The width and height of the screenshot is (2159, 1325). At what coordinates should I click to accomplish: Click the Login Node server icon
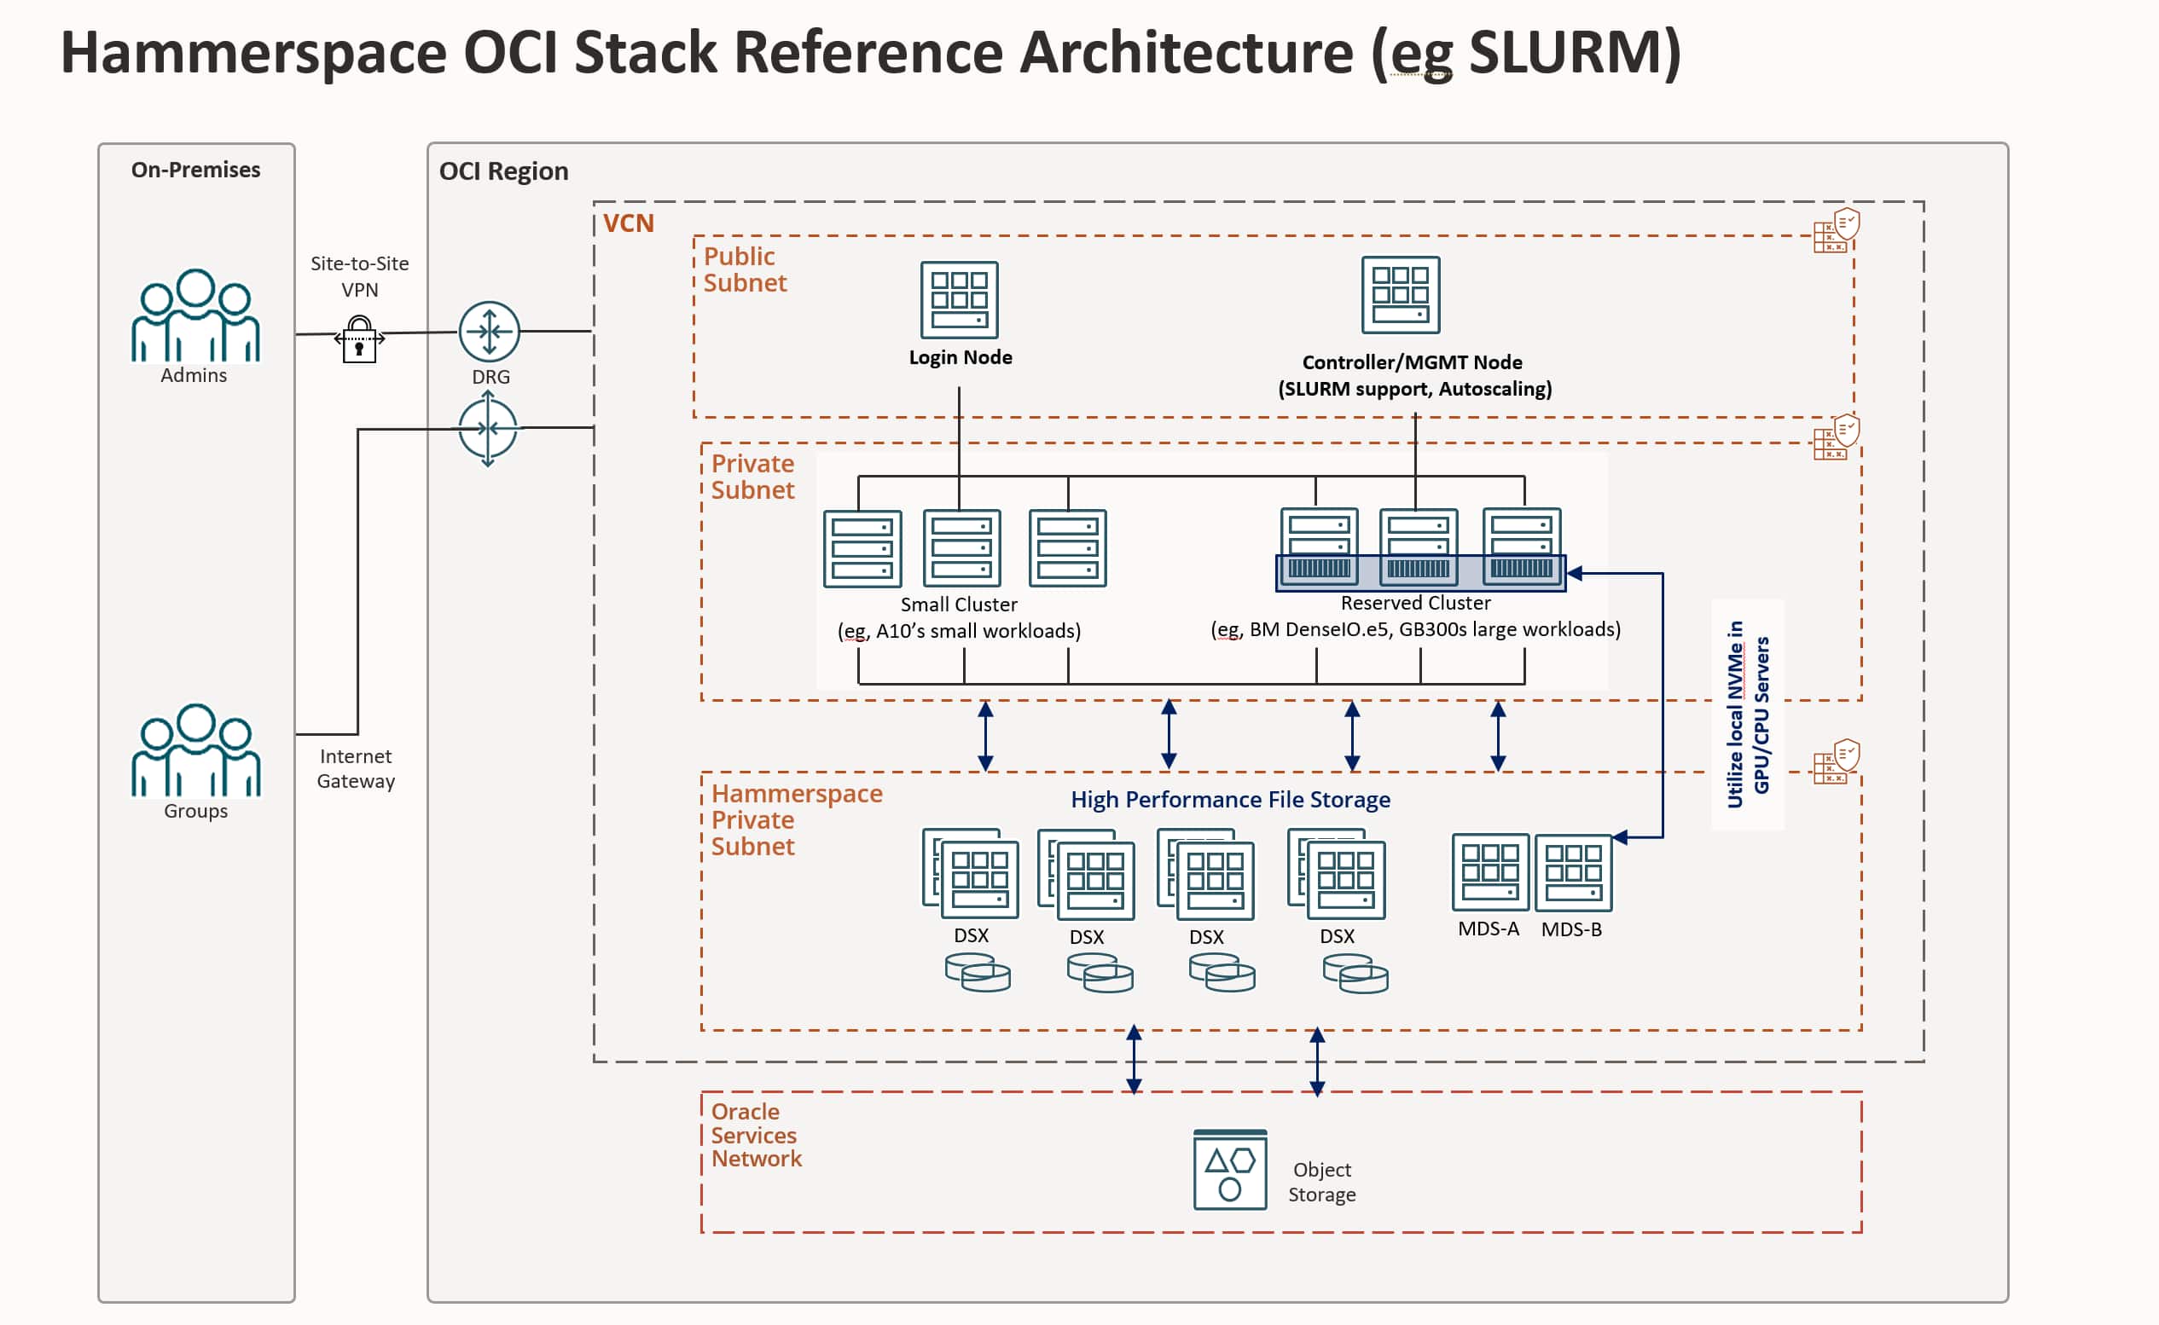point(959,300)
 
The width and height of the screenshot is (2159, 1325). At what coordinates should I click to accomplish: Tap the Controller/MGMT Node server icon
point(1400,294)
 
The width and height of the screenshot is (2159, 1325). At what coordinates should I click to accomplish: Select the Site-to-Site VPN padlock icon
point(359,339)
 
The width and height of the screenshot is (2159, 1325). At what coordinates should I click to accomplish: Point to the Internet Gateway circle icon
point(488,429)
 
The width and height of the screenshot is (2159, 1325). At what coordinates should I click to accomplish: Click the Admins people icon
point(195,315)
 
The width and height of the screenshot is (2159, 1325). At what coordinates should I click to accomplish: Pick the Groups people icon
point(195,750)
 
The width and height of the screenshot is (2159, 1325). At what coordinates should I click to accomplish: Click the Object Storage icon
point(1230,1170)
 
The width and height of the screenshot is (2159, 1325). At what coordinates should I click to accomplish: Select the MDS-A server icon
point(1489,872)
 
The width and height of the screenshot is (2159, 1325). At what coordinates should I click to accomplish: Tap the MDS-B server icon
point(1573,873)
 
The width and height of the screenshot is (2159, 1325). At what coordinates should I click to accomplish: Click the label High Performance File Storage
point(1230,799)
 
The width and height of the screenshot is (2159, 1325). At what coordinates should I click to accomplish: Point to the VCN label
point(629,223)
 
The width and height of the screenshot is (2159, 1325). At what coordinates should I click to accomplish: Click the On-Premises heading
point(195,170)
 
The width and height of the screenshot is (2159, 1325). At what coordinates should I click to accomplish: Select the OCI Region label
point(503,171)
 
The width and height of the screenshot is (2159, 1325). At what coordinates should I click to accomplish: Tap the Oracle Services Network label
point(756,1135)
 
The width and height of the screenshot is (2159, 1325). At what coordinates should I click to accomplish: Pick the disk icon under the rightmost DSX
point(1355,974)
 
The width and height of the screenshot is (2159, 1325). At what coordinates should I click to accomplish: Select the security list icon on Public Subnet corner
point(1836,230)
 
